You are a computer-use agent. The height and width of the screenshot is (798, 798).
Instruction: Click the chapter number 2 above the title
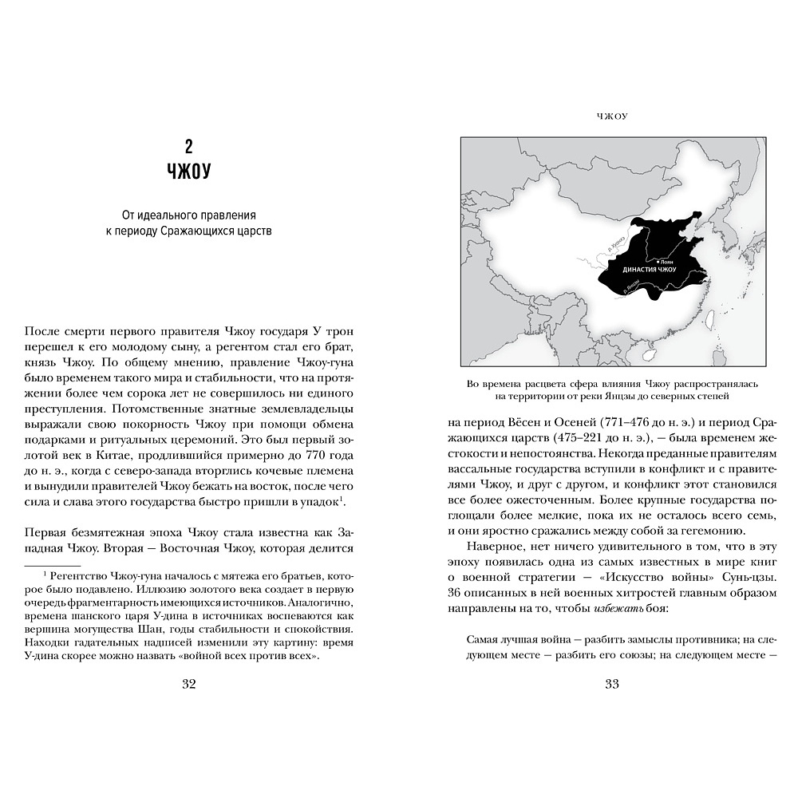(188, 146)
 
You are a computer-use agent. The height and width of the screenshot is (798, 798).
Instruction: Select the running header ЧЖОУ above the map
(612, 117)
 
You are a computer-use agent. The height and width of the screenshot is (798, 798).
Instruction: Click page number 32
(188, 683)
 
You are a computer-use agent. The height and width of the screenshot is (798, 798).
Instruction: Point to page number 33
(612, 683)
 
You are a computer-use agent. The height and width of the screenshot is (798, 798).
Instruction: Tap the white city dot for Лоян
(658, 261)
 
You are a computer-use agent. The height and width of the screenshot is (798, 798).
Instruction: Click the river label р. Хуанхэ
(616, 243)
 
